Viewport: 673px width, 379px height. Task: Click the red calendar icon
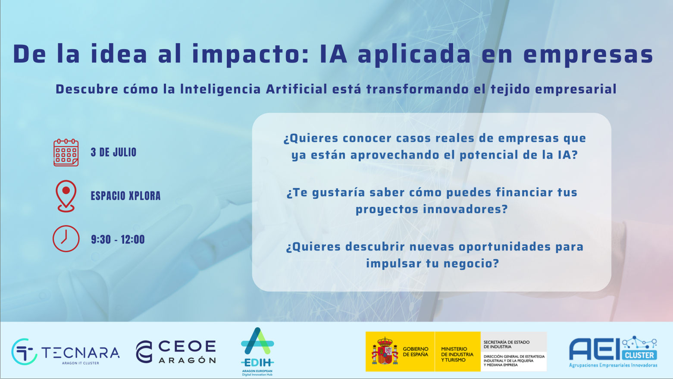click(66, 152)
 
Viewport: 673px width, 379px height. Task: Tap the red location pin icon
click(66, 196)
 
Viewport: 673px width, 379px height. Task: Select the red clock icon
click(66, 238)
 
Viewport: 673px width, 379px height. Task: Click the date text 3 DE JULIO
click(113, 152)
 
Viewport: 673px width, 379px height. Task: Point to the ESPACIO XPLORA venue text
click(125, 196)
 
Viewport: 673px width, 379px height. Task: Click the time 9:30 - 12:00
click(118, 240)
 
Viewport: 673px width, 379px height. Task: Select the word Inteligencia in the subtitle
click(220, 90)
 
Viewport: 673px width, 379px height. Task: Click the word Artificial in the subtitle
click(297, 89)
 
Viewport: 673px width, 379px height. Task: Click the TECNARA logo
click(66, 352)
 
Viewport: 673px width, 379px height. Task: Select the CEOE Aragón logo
click(176, 352)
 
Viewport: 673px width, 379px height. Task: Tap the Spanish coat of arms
click(385, 351)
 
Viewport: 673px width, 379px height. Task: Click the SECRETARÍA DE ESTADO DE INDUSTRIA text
click(507, 345)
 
